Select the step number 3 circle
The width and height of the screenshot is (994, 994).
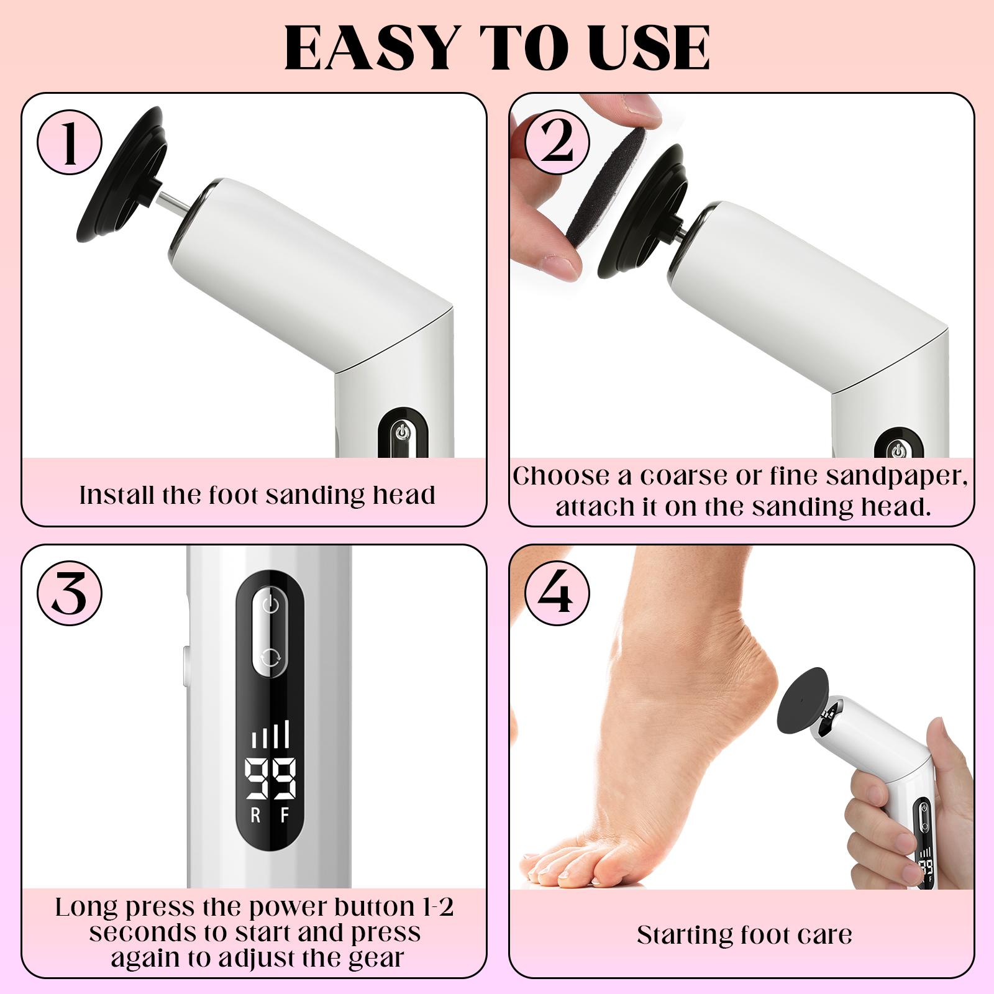coord(70,595)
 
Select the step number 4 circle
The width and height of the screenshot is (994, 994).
coord(557,595)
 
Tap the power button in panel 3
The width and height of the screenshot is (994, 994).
coord(270,604)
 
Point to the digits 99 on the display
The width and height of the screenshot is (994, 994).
coord(270,779)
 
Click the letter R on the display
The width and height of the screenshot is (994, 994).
coord(255,816)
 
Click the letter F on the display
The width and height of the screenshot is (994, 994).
coord(285,816)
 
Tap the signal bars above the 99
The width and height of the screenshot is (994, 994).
coord(270,736)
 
